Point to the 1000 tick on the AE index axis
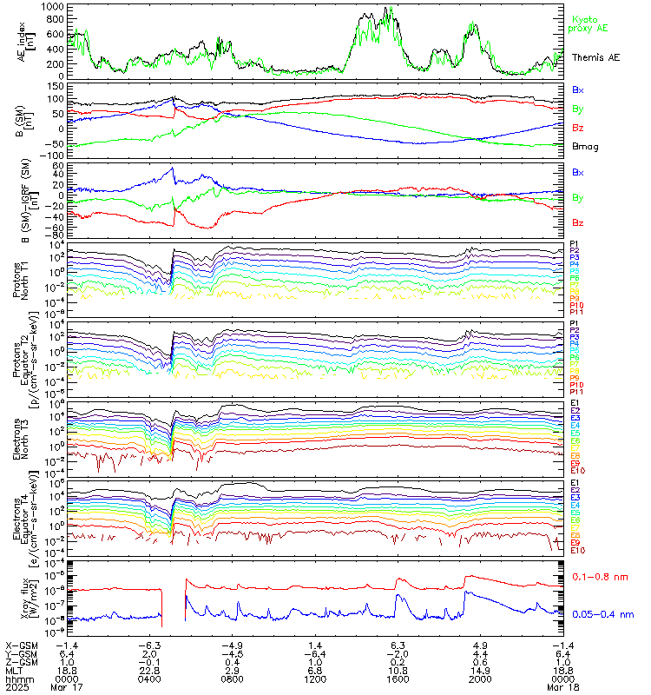pos(53,7)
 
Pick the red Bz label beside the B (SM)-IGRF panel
pos(577,222)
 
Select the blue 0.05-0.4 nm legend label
pos(602,614)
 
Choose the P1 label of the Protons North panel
pos(575,244)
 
